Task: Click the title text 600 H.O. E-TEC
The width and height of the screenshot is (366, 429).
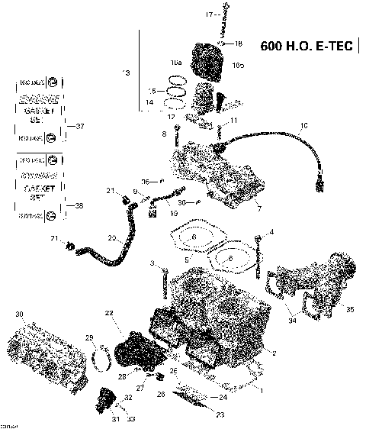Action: click(x=305, y=45)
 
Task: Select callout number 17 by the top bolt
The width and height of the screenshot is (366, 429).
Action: click(x=209, y=15)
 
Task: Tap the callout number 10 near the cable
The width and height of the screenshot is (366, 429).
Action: click(x=303, y=125)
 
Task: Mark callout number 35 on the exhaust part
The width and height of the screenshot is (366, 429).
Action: click(x=350, y=309)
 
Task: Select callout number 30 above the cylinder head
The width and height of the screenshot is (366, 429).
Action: click(x=20, y=314)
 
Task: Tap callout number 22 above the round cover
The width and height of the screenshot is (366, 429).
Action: click(x=109, y=314)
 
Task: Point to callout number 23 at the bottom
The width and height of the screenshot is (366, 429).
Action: click(x=220, y=414)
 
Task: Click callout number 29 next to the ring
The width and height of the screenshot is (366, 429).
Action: click(x=88, y=338)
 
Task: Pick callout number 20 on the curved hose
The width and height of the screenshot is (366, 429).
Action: click(x=111, y=239)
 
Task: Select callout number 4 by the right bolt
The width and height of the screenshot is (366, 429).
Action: click(x=271, y=232)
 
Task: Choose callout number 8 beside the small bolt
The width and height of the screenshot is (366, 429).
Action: click(x=162, y=134)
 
